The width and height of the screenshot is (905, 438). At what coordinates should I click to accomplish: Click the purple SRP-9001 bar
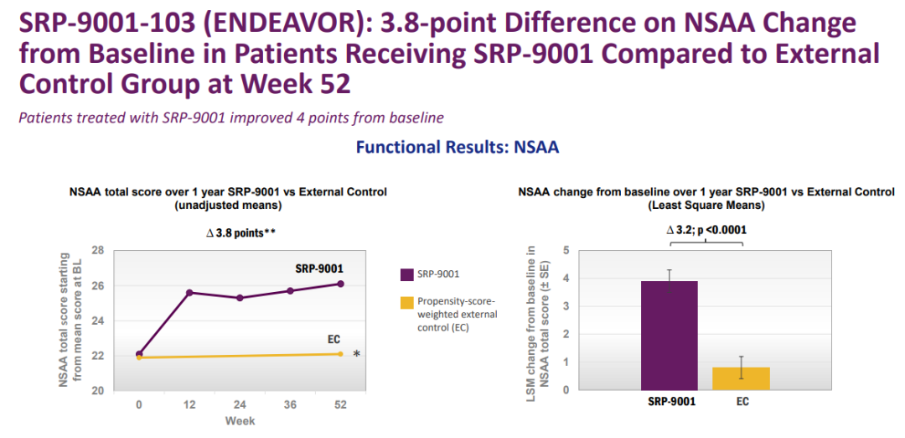[669, 336]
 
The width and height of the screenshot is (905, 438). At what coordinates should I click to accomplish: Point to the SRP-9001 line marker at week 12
[189, 292]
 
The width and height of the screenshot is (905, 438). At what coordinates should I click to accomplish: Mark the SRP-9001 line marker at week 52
[340, 284]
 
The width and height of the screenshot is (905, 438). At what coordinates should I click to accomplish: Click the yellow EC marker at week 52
[340, 353]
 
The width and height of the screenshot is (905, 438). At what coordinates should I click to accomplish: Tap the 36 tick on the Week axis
[290, 404]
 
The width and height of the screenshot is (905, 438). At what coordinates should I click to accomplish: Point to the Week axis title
[240, 420]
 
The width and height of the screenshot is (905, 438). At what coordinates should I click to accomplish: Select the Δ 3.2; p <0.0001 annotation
[706, 229]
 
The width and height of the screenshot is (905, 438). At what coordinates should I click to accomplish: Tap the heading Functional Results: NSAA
[458, 148]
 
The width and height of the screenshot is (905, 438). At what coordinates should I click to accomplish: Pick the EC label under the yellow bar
[742, 401]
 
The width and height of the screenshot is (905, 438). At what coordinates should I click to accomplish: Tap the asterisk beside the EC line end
[357, 354]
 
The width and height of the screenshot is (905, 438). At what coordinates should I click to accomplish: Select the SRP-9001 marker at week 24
[240, 298]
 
